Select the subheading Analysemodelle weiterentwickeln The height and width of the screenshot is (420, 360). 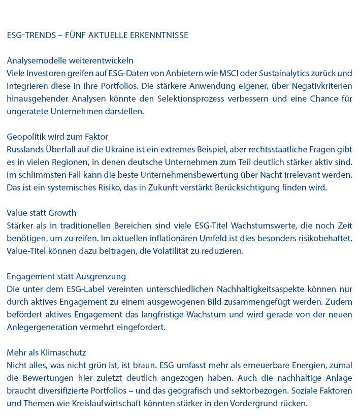(x=70, y=61)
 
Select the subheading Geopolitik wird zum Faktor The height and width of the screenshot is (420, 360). (x=57, y=137)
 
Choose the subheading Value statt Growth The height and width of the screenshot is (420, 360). (x=42, y=213)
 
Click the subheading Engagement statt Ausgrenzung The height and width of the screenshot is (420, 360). (x=67, y=276)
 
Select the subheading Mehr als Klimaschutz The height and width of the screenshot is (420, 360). (x=46, y=352)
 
